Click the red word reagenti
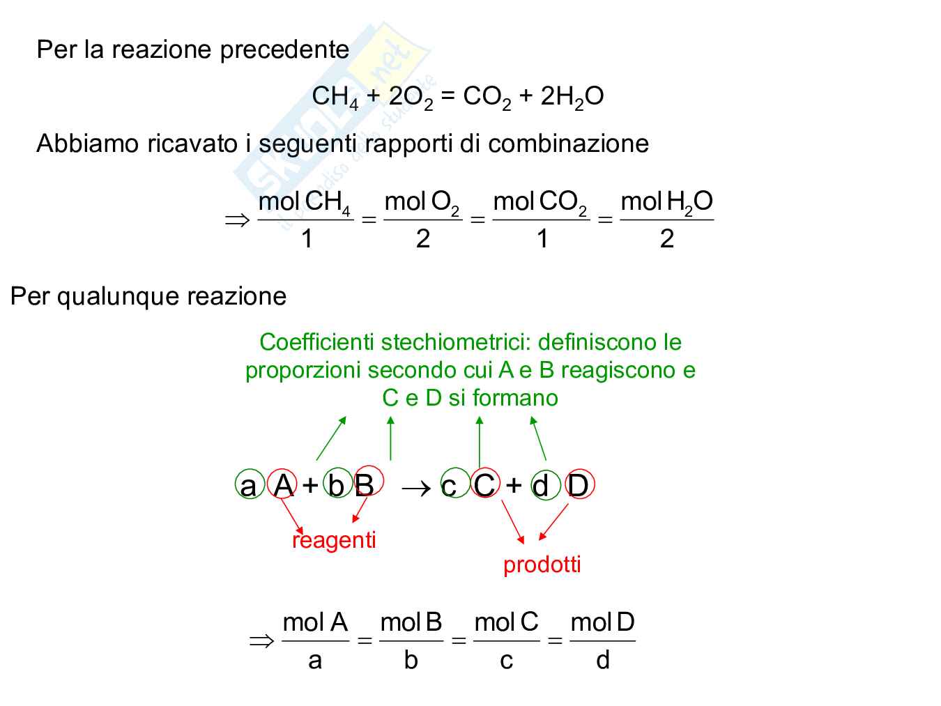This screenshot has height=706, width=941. click(334, 540)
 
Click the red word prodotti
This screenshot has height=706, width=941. click(542, 564)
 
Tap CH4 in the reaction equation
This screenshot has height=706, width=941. click(335, 97)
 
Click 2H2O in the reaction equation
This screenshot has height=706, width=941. click(572, 97)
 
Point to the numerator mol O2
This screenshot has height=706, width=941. click(422, 202)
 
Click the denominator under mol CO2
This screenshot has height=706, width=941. click(542, 239)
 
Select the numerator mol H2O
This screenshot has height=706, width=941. click(666, 202)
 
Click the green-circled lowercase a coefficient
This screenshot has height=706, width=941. click(248, 485)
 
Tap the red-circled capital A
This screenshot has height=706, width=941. click(283, 484)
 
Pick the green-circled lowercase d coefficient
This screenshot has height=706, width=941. click(541, 485)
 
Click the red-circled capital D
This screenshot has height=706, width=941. click(578, 485)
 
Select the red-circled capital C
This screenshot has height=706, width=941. click(484, 485)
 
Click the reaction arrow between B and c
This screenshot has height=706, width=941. click(416, 487)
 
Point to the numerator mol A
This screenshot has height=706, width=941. click(315, 622)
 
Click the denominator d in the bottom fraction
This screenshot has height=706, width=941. click(603, 659)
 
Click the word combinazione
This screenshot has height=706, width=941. click(568, 144)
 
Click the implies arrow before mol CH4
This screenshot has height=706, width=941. click(237, 221)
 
